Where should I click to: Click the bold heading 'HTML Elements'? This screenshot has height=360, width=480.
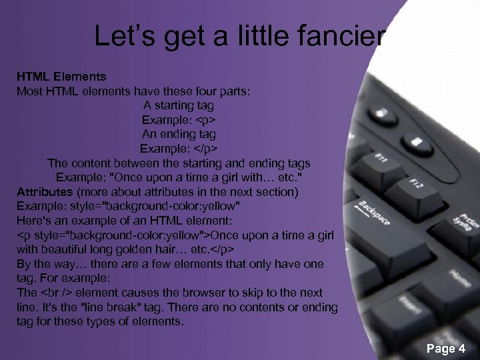[61, 77]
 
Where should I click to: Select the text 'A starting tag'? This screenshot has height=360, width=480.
[179, 105]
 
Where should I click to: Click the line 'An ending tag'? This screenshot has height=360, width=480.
[179, 134]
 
